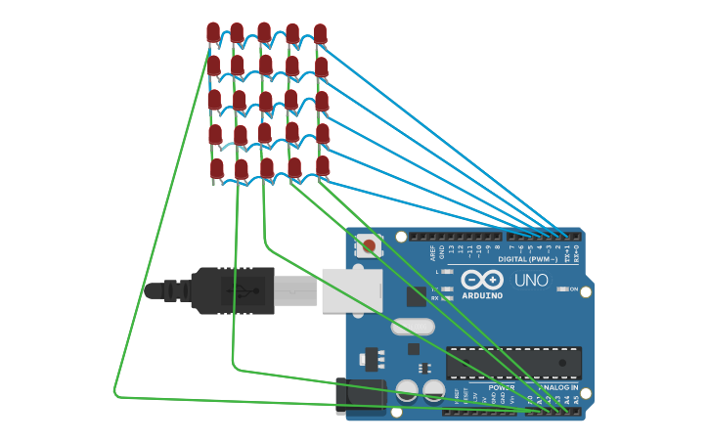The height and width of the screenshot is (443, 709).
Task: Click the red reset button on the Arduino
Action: click(369, 245)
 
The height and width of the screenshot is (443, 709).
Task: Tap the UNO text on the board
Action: click(532, 281)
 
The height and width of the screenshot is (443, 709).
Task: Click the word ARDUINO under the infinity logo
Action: click(482, 295)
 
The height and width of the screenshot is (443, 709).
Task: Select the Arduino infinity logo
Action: click(482, 280)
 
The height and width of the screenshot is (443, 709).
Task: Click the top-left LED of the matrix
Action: click(213, 32)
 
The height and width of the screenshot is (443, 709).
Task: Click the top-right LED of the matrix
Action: click(320, 33)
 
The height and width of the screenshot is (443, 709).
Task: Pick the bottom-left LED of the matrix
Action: click(216, 168)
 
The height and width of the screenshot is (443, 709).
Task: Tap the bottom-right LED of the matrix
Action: click(322, 165)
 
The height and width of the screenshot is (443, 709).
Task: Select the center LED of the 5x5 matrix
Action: click(266, 101)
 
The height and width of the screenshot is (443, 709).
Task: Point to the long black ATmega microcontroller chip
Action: click(513, 363)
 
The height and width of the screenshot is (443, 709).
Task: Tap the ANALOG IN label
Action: click(554, 387)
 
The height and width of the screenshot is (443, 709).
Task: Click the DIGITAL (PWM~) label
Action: click(528, 259)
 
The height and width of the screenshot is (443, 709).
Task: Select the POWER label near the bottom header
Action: click(501, 387)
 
